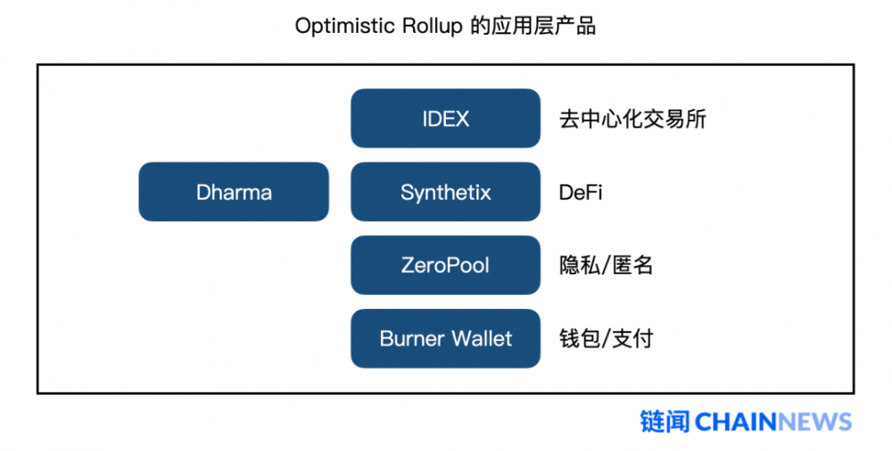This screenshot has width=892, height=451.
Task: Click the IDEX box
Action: point(445,118)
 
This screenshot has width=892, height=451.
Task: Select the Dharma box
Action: point(234,192)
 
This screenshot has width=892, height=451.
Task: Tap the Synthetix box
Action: point(445,192)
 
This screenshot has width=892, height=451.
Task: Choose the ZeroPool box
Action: point(445,265)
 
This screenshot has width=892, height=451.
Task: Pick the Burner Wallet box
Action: point(445,338)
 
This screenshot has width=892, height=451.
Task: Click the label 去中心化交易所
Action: point(632,119)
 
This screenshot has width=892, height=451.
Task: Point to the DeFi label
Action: point(581,192)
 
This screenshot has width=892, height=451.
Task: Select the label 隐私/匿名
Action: point(606,265)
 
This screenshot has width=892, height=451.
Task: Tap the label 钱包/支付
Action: point(606,338)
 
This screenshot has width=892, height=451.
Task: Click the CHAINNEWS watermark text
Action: point(772,422)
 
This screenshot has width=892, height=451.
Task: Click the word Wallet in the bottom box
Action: point(482,338)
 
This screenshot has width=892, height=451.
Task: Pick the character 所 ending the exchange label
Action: point(695,119)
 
